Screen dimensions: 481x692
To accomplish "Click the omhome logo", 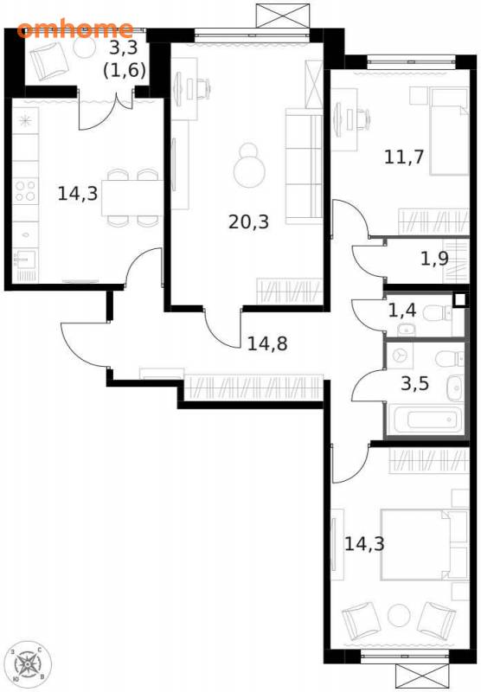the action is [x=74, y=29].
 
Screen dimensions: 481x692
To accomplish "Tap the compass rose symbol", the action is [x=28, y=663].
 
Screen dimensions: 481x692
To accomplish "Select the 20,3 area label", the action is [x=248, y=221].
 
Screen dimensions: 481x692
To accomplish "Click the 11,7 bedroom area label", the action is [x=404, y=157].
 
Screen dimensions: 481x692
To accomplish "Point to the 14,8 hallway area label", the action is [x=267, y=343].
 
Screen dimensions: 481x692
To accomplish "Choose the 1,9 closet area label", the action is [x=434, y=259].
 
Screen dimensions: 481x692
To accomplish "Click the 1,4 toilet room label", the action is [x=402, y=311].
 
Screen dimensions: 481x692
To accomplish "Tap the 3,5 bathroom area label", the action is [x=414, y=383].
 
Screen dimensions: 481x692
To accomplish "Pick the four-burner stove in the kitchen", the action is [x=25, y=190].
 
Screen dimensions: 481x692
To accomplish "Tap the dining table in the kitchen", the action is [x=131, y=198].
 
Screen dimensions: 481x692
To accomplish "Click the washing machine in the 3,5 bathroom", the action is [x=401, y=356].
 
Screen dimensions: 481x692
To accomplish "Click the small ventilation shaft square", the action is [x=459, y=300].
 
